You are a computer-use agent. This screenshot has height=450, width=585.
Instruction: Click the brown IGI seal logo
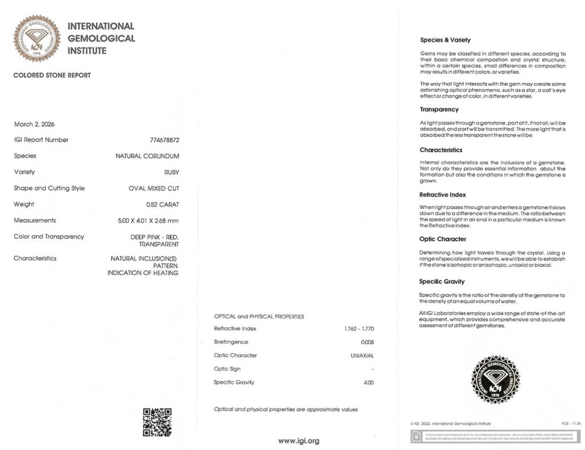(x=37, y=38)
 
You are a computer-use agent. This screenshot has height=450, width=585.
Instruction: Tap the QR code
(x=157, y=422)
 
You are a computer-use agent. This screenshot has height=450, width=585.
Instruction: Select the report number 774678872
(x=164, y=140)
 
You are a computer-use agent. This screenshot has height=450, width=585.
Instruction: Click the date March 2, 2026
(x=34, y=124)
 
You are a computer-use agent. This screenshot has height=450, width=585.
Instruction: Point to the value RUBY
(x=171, y=172)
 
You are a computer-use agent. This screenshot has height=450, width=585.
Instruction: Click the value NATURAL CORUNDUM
(x=147, y=156)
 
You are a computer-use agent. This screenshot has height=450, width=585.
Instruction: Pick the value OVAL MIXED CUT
(x=154, y=188)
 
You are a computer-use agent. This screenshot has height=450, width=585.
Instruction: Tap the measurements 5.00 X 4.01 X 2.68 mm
(x=150, y=220)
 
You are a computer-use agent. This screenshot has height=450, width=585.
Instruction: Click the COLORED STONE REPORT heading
(x=52, y=75)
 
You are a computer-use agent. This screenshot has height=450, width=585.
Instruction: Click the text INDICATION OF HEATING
(x=143, y=273)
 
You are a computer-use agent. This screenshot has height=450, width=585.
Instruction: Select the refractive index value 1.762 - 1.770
(x=359, y=329)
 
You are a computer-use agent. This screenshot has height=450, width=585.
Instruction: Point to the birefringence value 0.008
(x=367, y=342)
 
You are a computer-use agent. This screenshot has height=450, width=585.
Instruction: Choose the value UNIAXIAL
(x=362, y=355)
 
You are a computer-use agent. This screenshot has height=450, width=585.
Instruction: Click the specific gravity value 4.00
(x=368, y=382)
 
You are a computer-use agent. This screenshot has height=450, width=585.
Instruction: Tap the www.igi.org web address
(x=299, y=440)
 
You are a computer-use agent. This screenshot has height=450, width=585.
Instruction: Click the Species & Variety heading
(x=445, y=40)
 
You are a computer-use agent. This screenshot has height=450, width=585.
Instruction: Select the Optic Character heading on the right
(x=443, y=239)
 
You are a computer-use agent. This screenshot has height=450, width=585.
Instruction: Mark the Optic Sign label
(x=227, y=369)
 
